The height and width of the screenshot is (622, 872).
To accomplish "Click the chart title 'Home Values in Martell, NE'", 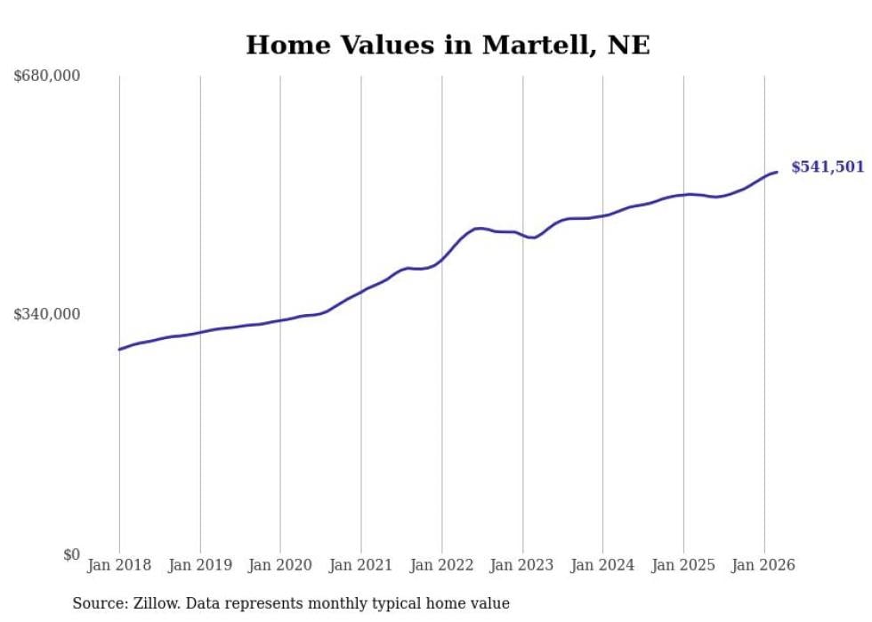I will tap(448, 45).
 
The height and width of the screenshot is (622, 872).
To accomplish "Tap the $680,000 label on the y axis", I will tap(47, 77).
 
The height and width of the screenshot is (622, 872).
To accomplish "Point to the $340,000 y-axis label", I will tap(47, 314).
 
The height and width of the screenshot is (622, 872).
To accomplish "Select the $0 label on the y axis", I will tap(71, 554).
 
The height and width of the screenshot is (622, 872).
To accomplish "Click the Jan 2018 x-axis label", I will tap(119, 565).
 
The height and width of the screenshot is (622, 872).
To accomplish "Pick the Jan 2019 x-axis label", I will tap(200, 565).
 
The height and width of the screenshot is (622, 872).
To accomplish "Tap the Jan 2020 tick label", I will tap(280, 565).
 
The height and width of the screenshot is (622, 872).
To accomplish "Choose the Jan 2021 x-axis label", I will tap(361, 565).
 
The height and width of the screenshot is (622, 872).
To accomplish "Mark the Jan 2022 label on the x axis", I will tap(442, 565).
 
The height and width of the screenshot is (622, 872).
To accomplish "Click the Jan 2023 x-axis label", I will tap(522, 565).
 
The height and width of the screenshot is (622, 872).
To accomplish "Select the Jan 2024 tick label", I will tap(603, 565).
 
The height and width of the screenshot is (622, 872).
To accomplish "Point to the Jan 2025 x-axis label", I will tap(683, 565).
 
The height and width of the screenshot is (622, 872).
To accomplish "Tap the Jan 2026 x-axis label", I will tap(764, 565).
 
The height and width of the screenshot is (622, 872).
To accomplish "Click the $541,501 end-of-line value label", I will tap(828, 167).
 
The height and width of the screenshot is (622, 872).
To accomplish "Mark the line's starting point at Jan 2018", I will tap(119, 349).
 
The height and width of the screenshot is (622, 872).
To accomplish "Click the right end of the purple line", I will tap(777, 172).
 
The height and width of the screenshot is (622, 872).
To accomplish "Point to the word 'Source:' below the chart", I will tap(98, 603).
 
